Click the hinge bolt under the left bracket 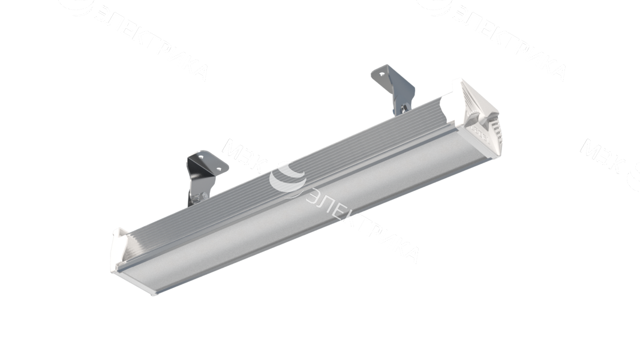[x=201, y=195]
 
